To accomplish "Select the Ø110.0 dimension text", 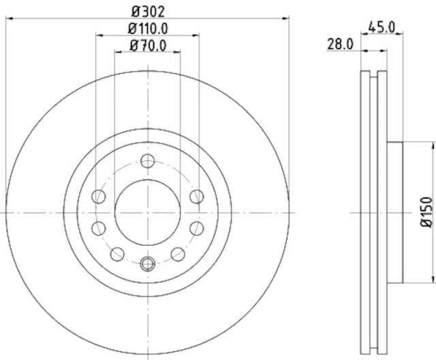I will click(x=148, y=29).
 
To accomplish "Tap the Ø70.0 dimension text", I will click(x=148, y=47).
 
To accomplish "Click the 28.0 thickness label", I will click(x=340, y=44).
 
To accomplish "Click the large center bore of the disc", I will click(x=147, y=212).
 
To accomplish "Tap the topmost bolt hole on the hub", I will click(x=147, y=161).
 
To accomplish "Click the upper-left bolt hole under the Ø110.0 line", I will click(x=98, y=197).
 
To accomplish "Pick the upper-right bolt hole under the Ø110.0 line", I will click(x=197, y=197).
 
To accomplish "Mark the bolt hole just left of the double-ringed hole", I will click(x=117, y=254).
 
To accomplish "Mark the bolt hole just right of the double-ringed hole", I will click(x=178, y=254).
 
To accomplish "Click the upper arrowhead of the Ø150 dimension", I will click(x=433, y=145).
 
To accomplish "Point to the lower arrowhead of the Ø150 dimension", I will click(x=433, y=279).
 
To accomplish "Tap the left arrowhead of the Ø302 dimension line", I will click(x=8, y=20).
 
